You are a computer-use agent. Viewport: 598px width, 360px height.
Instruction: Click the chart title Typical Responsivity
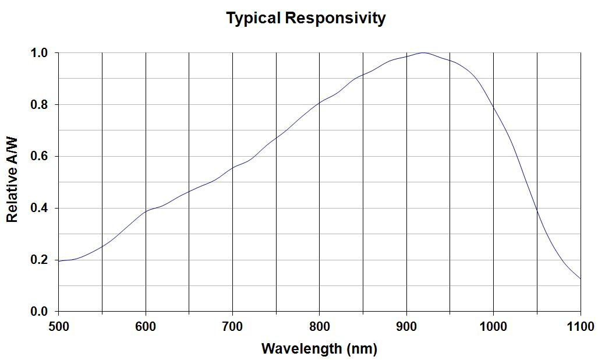click(306, 18)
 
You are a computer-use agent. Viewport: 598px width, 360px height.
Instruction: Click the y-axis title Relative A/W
click(12, 181)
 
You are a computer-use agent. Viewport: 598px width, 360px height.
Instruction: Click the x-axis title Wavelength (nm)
click(319, 349)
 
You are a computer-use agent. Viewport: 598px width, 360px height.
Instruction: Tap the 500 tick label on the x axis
click(58, 326)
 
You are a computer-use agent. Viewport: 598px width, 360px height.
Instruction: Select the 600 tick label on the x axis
click(145, 326)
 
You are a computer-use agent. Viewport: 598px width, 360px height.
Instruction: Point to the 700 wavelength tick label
click(232, 326)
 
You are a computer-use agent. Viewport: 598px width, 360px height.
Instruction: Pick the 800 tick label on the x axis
click(319, 326)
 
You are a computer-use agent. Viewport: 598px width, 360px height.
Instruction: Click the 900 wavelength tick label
click(406, 326)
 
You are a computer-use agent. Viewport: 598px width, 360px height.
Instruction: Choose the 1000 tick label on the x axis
click(493, 326)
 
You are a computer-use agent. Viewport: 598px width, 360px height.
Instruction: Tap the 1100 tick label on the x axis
click(581, 326)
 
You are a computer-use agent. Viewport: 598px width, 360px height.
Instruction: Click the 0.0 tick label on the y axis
click(39, 312)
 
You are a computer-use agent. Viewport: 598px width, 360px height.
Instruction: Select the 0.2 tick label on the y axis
click(39, 260)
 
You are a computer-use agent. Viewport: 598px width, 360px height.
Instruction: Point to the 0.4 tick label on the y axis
click(39, 208)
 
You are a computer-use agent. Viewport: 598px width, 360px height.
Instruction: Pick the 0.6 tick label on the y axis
click(39, 156)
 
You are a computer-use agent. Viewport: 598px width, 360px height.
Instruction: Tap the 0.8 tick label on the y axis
click(39, 104)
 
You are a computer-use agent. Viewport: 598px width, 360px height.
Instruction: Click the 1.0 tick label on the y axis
click(39, 53)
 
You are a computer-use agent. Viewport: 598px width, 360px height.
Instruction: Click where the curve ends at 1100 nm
click(581, 278)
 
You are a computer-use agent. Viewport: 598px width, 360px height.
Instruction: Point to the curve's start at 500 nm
click(58, 261)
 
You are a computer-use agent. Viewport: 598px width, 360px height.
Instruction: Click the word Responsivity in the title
click(335, 18)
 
